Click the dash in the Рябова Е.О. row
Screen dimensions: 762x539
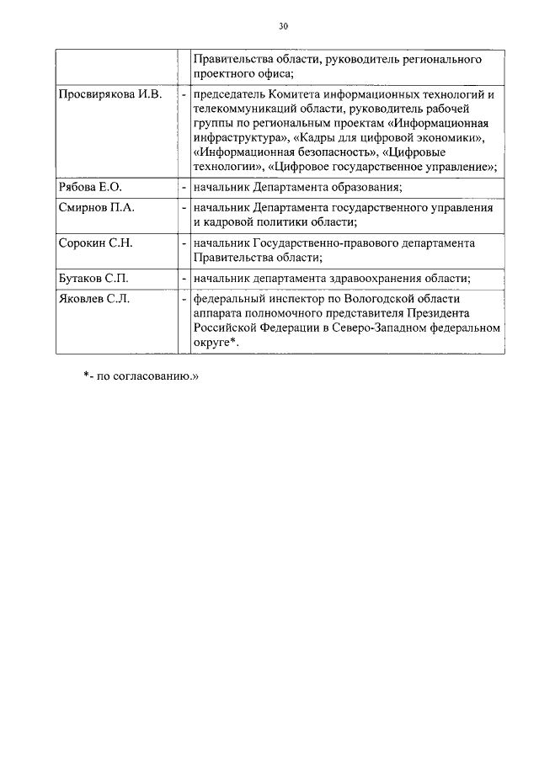184,187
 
